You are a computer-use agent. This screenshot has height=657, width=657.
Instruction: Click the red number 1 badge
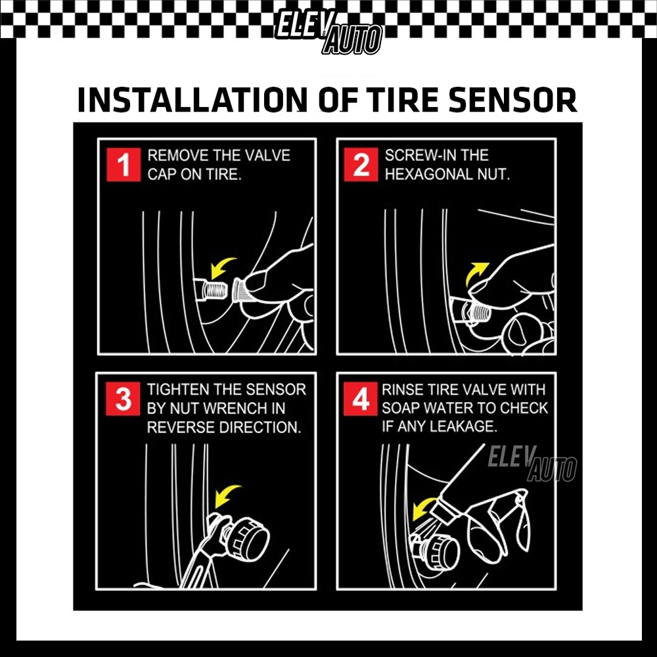(x=124, y=165)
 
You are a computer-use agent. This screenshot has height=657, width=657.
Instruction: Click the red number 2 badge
(x=361, y=165)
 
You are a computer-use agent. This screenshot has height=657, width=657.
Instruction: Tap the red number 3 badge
(x=123, y=399)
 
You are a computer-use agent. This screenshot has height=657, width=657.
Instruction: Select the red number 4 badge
(x=360, y=399)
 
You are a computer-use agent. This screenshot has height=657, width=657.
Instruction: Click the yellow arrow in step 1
(x=221, y=268)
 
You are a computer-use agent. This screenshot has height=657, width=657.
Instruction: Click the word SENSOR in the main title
(x=512, y=100)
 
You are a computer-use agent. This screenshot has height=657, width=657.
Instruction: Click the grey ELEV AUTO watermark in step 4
(x=532, y=464)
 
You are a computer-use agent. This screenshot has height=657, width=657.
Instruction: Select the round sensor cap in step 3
(x=248, y=538)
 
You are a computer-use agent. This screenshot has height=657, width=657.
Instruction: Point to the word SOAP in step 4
(x=401, y=408)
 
